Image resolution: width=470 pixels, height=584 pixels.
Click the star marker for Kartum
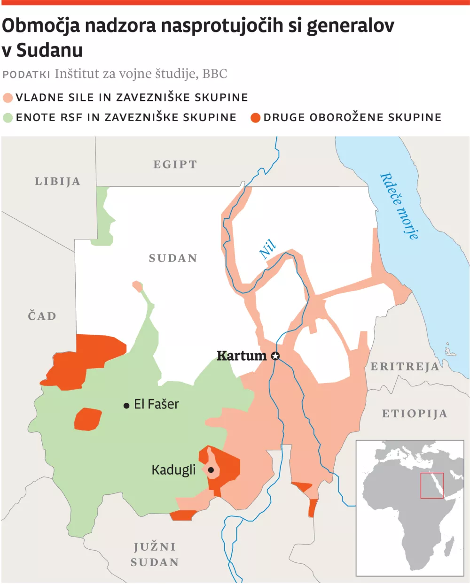click(x=275, y=356)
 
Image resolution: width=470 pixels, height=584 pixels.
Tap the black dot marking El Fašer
click(x=126, y=405)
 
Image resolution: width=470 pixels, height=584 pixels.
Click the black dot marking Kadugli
click(x=211, y=470)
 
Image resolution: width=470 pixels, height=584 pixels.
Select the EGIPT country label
click(x=175, y=165)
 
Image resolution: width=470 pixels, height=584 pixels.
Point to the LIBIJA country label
click(x=58, y=182)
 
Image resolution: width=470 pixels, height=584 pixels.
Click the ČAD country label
click(x=42, y=316)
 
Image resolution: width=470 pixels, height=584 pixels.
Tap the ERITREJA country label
click(x=405, y=367)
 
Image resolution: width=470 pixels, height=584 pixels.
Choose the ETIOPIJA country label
click(x=414, y=414)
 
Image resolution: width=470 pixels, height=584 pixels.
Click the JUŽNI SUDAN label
click(x=155, y=554)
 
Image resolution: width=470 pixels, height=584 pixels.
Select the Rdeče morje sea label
click(x=399, y=206)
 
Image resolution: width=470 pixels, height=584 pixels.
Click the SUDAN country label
click(x=173, y=258)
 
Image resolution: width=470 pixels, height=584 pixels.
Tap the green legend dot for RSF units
click(x=8, y=117)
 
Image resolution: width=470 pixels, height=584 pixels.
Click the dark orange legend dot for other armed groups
click(x=255, y=117)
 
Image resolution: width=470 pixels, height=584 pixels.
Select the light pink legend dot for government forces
click(x=8, y=98)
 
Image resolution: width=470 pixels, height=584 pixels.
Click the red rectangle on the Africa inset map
click(x=432, y=485)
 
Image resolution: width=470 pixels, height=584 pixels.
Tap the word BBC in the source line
click(x=215, y=74)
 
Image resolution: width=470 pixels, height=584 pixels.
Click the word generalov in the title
click(x=351, y=26)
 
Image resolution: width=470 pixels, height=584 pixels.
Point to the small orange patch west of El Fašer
click(x=88, y=419)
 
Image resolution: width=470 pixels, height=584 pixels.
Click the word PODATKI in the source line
click(x=26, y=75)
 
